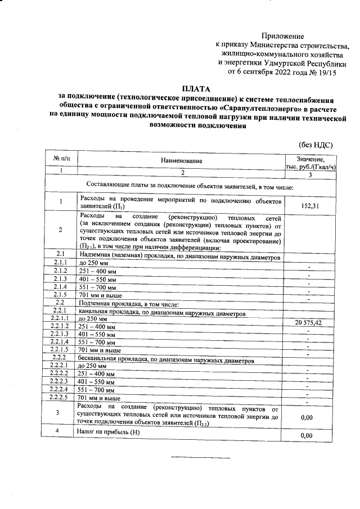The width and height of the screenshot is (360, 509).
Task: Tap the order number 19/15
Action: coord(323,71)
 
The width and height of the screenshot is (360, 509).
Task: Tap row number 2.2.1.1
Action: coord(60,318)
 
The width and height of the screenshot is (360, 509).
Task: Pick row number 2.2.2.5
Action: coord(60,397)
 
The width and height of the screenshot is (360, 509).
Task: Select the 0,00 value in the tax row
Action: coord(306,435)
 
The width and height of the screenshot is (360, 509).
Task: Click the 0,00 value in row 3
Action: coord(306,417)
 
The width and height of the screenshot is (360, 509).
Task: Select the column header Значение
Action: coord(310,159)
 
